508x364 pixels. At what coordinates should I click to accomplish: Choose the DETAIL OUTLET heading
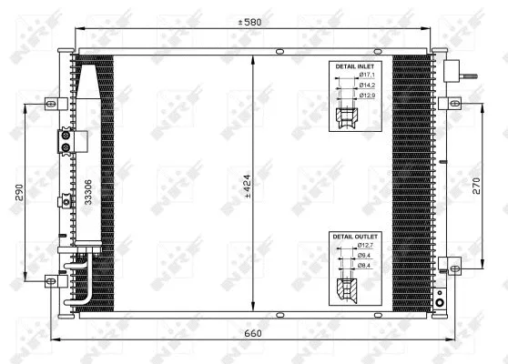(x=354, y=237)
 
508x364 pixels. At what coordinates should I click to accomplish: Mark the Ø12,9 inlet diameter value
(x=366, y=96)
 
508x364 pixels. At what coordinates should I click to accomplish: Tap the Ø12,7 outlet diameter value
(x=366, y=246)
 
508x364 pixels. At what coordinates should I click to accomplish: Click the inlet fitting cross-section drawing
(x=346, y=116)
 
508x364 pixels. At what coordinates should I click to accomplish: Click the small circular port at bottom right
(x=439, y=302)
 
